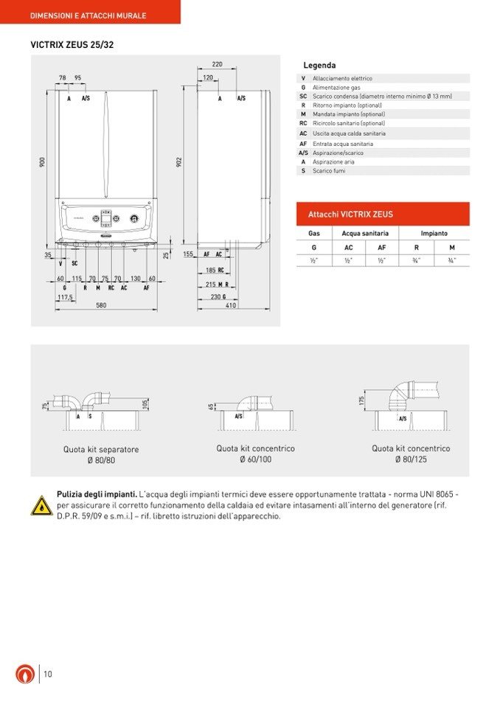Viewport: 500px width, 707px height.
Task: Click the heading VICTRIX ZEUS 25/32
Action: (72, 45)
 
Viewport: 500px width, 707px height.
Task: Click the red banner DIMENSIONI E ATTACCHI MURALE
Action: (88, 15)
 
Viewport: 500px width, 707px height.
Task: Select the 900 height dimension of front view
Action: (43, 161)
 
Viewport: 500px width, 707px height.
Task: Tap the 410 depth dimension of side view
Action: (231, 305)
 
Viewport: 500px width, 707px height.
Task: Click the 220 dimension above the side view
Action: (217, 65)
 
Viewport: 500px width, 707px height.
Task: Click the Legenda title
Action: (319, 66)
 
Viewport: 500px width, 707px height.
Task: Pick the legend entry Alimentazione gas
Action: (336, 87)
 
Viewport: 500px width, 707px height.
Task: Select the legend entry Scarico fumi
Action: (329, 170)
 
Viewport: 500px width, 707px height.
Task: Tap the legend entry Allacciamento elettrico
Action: (342, 78)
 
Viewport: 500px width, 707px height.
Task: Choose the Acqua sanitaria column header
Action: (365, 233)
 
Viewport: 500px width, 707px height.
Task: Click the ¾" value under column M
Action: (451, 260)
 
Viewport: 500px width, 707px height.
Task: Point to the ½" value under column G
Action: (313, 260)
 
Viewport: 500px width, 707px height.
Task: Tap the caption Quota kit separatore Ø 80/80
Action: (101, 454)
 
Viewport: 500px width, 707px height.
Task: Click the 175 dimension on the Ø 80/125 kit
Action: (362, 399)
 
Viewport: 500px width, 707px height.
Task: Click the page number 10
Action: (48, 673)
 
